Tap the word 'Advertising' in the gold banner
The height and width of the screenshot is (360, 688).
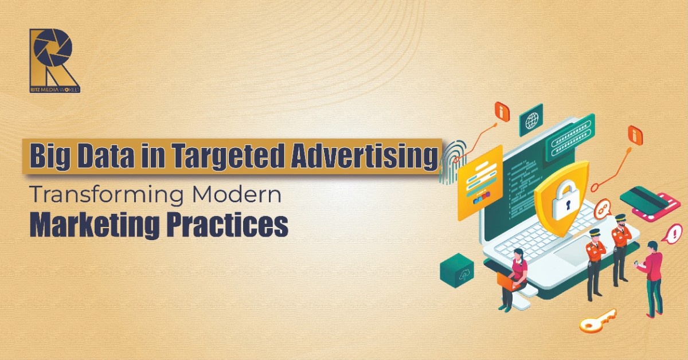click(364, 157)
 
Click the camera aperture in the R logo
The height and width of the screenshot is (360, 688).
click(53, 48)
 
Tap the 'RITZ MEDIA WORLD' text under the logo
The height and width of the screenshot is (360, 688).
click(55, 89)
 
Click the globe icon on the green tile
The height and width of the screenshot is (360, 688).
click(531, 121)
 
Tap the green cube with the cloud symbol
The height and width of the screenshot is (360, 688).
click(457, 270)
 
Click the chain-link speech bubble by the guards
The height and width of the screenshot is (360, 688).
click(603, 210)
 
